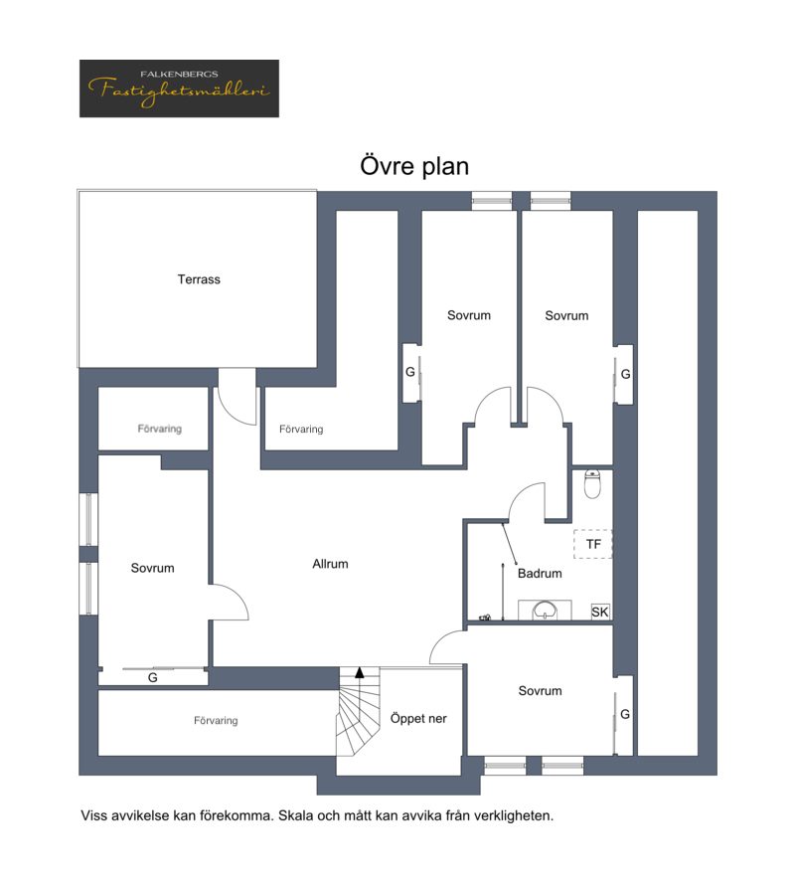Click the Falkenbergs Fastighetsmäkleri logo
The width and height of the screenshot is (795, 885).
pos(179,88)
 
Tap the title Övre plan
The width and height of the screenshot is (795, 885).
pos(414,166)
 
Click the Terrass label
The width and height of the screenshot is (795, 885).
pos(199,279)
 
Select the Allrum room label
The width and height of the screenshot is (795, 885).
pos(330,564)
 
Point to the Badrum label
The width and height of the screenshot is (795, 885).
pos(540,574)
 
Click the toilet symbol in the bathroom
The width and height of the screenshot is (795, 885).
pos(591,483)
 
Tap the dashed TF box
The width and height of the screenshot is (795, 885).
pos(593,544)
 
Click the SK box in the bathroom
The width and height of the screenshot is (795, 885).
pos(600,612)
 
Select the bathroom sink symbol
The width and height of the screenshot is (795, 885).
pos(545,610)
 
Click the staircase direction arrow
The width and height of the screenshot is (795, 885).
pos(360,672)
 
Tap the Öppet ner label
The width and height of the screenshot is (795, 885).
pos(418,719)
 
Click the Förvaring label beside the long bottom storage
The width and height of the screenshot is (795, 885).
pos(216,721)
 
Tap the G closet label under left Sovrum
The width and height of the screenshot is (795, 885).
pos(152,677)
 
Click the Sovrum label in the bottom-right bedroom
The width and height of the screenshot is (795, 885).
pos(540,691)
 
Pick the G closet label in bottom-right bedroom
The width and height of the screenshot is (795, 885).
pos(625,715)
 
